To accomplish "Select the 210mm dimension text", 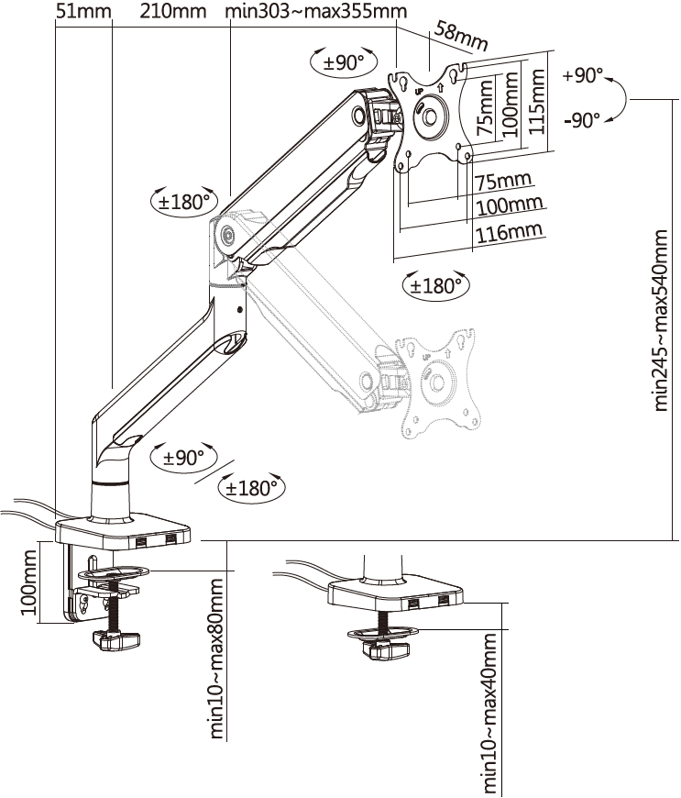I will [x=173, y=12].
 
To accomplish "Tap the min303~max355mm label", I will [x=316, y=12].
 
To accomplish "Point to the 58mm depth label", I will [x=462, y=38].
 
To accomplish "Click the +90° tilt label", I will [x=582, y=75].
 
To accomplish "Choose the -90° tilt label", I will [x=583, y=119].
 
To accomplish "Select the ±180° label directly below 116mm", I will [x=434, y=285].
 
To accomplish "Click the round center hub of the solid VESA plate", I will [x=430, y=116].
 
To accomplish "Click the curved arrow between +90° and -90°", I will [x=617, y=96].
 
